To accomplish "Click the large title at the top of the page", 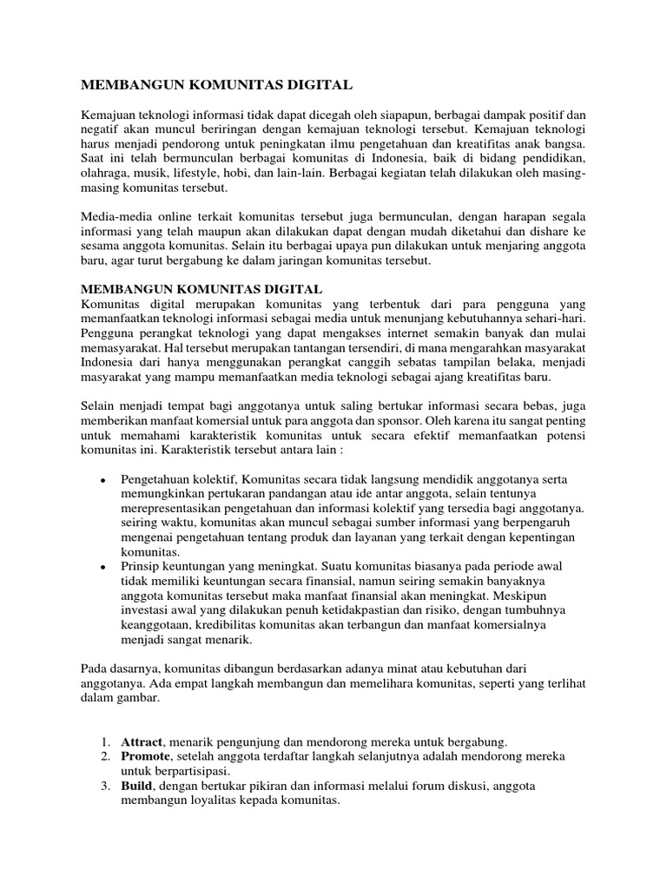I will click(x=216, y=85).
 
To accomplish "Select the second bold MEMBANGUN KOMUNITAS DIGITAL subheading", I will click(x=201, y=288).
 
